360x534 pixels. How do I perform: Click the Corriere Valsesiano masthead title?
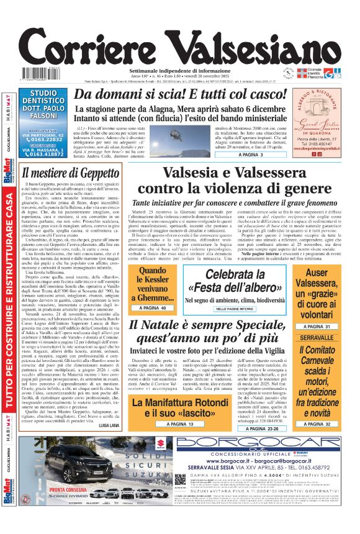[180, 45]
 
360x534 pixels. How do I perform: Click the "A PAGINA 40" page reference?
[152, 307]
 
